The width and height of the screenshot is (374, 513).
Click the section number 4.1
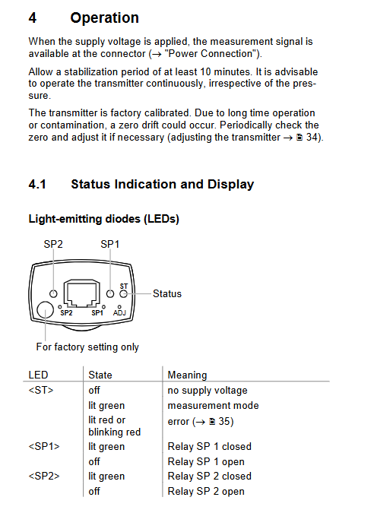click(x=37, y=184)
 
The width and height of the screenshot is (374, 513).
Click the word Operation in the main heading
click(x=104, y=17)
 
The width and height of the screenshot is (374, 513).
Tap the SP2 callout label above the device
click(x=53, y=244)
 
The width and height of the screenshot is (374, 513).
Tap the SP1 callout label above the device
click(x=110, y=244)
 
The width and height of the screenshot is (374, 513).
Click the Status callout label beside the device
click(x=167, y=293)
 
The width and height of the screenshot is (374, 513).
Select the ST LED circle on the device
click(x=123, y=294)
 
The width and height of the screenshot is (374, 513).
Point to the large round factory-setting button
click(x=45, y=309)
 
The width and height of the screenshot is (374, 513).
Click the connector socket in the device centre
click(x=81, y=293)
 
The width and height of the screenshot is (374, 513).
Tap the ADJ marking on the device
click(x=119, y=313)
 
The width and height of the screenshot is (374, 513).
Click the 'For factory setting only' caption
click(x=87, y=347)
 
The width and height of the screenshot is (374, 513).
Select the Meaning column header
click(x=187, y=375)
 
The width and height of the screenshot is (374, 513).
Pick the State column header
click(x=100, y=375)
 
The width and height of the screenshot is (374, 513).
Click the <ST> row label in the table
click(x=41, y=390)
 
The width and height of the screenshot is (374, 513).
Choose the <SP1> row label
click(x=44, y=446)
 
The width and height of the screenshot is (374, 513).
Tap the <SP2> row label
click(x=44, y=476)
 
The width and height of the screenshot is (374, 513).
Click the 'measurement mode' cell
click(x=213, y=405)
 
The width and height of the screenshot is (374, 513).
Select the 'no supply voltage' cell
click(x=208, y=391)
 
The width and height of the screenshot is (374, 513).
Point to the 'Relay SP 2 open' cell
click(x=206, y=491)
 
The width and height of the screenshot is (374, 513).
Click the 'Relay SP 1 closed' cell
click(x=209, y=446)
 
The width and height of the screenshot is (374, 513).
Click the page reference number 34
click(x=312, y=137)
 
